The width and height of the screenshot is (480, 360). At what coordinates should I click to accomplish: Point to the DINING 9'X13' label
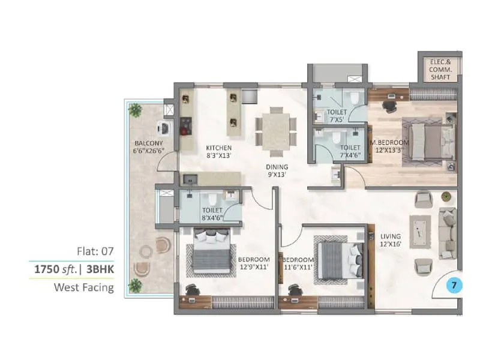[278, 171]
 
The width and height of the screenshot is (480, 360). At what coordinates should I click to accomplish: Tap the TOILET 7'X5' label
[337, 116]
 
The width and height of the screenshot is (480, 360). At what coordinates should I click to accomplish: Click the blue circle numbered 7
[454, 286]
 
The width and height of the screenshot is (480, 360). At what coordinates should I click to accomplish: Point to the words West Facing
[84, 287]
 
